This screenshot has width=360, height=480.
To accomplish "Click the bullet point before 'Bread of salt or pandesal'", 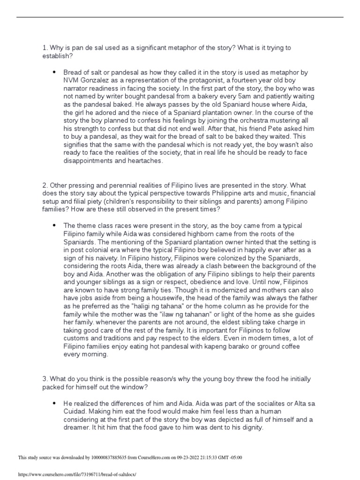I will click(54, 73).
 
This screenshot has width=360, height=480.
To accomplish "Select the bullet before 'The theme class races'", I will click(54, 225).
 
